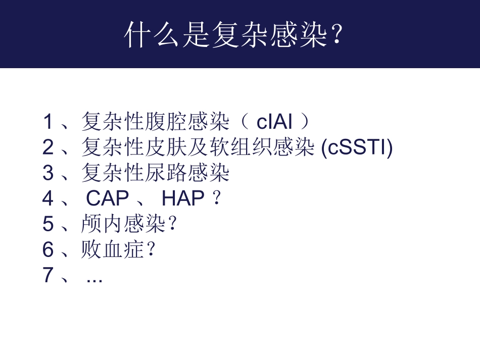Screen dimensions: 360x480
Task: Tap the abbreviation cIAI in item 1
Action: (x=275, y=122)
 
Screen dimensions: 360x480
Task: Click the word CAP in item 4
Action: (x=108, y=199)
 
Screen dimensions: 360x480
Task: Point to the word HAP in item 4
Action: (x=183, y=199)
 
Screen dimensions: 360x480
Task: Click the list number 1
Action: (x=48, y=122)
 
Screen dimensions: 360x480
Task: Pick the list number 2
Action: (x=48, y=147)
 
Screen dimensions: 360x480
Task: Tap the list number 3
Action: (x=48, y=173)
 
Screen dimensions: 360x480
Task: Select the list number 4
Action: (x=48, y=199)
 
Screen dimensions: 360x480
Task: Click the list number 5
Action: (x=48, y=224)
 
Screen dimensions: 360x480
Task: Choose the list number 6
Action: (x=48, y=250)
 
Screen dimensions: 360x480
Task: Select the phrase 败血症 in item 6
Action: (x=112, y=250)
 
